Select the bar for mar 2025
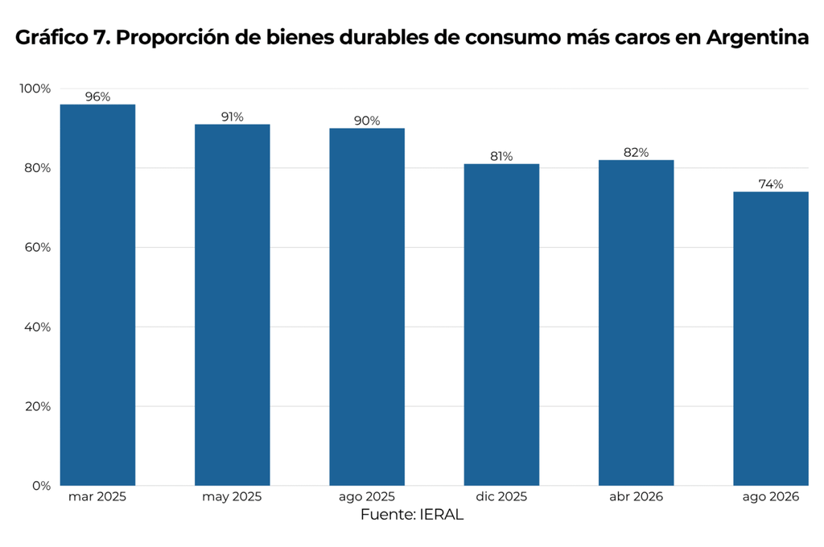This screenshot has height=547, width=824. [97, 294]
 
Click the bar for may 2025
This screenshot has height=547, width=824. [233, 305]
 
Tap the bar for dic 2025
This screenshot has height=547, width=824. [501, 325]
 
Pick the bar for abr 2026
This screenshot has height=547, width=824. [636, 323]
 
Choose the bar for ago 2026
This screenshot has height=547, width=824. [771, 339]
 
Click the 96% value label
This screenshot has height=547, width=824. [97, 97]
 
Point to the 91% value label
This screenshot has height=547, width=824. [233, 117]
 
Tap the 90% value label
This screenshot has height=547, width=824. [367, 121]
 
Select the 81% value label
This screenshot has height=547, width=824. [501, 157]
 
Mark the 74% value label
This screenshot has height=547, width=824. [771, 184]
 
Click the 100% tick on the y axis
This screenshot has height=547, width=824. [35, 88]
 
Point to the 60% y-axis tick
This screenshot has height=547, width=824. [37, 248]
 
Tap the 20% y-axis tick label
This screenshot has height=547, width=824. [37, 406]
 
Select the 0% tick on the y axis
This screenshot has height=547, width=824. [42, 486]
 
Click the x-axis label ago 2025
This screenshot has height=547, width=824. [367, 497]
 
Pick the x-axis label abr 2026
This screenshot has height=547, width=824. [636, 496]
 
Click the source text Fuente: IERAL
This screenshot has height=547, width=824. [412, 515]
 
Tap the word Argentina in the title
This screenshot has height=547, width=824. [757, 37]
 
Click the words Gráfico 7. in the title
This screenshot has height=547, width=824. [63, 37]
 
